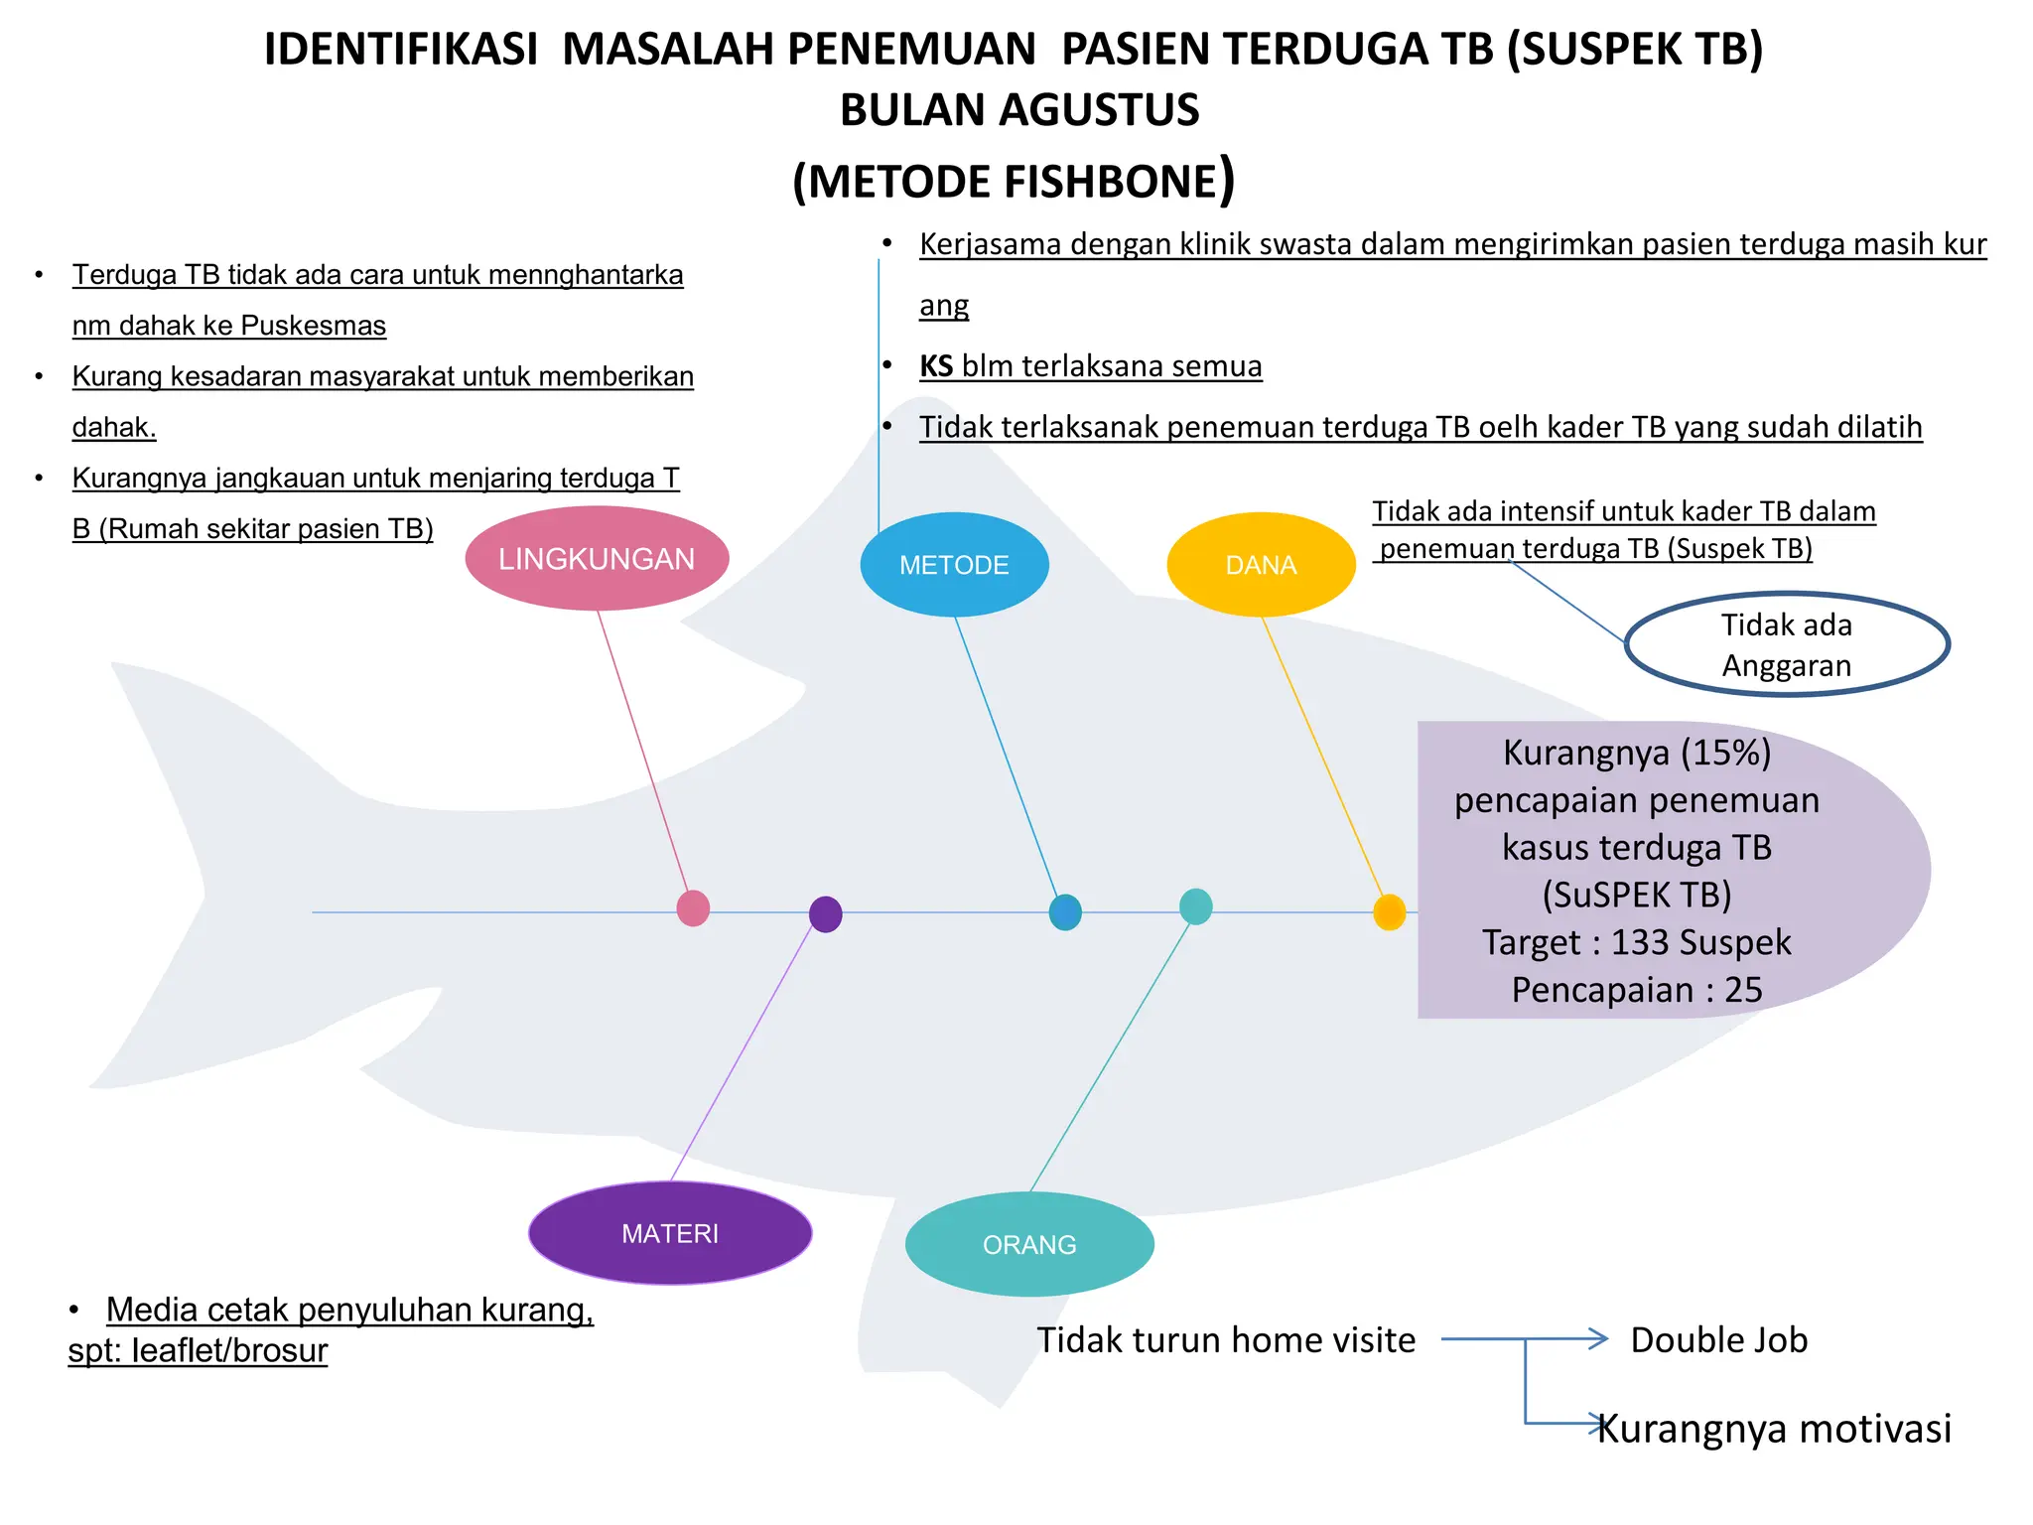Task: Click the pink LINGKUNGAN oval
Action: pyautogui.click(x=597, y=559)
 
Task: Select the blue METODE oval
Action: pyautogui.click(x=954, y=565)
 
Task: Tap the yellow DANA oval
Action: pyautogui.click(x=1261, y=565)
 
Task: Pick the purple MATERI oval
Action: pyautogui.click(x=670, y=1233)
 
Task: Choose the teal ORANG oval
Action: pyautogui.click(x=1029, y=1244)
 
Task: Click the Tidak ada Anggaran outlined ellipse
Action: pyautogui.click(x=1787, y=645)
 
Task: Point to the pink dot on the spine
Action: pyautogui.click(x=693, y=908)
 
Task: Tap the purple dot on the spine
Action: pyautogui.click(x=826, y=914)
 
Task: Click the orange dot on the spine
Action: pyautogui.click(x=1389, y=912)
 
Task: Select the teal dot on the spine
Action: pyautogui.click(x=1195, y=906)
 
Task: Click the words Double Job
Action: pyautogui.click(x=1718, y=1340)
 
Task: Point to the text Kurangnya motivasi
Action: pyautogui.click(x=1775, y=1429)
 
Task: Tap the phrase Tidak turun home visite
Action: pyautogui.click(x=1226, y=1340)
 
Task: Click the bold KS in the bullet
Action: pyautogui.click(x=936, y=366)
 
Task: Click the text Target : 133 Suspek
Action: pyautogui.click(x=1637, y=942)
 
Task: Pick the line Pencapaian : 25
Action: pyautogui.click(x=1637, y=990)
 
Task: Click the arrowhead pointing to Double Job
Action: pyautogui.click(x=1598, y=1338)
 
